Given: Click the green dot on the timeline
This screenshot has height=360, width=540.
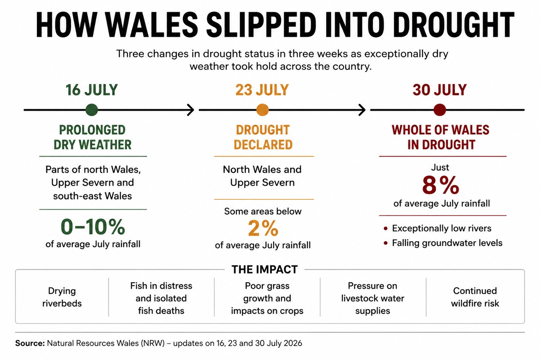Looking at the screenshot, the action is click(92, 110).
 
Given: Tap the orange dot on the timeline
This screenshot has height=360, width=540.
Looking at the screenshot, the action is click(262, 110).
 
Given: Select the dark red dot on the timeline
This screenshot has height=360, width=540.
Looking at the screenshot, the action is click(440, 110).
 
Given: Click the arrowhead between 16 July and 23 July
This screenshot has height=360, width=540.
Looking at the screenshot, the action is click(191, 110).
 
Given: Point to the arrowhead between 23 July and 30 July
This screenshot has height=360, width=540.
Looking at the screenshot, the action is click(362, 110).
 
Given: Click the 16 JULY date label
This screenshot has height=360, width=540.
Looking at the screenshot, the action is click(92, 90).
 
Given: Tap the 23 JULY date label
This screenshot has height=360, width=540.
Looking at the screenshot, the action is click(262, 90).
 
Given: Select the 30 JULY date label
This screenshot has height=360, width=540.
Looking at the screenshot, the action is click(440, 90).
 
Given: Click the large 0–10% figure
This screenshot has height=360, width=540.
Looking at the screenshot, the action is click(93, 227).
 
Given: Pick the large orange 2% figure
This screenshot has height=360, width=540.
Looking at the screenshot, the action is click(263, 228).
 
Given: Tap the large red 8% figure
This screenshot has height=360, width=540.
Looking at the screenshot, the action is click(441, 185).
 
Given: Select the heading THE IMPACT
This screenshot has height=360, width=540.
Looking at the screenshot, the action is click(265, 270).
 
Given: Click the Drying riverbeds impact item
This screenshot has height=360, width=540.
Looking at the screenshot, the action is click(62, 297).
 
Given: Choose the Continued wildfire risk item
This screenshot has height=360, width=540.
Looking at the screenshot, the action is click(475, 297).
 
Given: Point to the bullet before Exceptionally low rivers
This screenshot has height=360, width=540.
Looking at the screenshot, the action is click(386, 229).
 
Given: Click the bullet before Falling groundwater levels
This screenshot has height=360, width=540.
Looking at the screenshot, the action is click(386, 243).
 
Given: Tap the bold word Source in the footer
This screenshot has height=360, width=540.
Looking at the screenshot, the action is click(30, 343).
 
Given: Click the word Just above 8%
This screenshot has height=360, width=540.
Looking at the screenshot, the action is click(440, 167).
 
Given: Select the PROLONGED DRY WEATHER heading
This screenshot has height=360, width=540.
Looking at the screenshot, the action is click(93, 137).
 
